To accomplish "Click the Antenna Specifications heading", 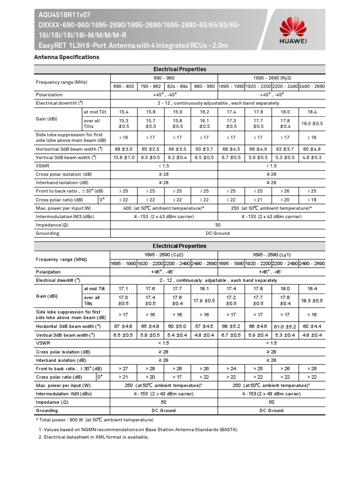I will (x=67, y=57).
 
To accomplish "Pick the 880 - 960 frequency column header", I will (x=204, y=87).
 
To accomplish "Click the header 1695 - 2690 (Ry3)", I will (x=271, y=78).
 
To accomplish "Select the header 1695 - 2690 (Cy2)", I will (x=164, y=254).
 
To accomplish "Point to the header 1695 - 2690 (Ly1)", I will (x=271, y=254).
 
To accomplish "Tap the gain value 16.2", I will (x=204, y=112).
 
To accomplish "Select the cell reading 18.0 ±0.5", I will (x=312, y=123).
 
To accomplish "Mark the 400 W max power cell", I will (x=164, y=208).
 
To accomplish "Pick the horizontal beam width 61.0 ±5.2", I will (x=285, y=326).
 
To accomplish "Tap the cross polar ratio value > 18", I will (x=312, y=200).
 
